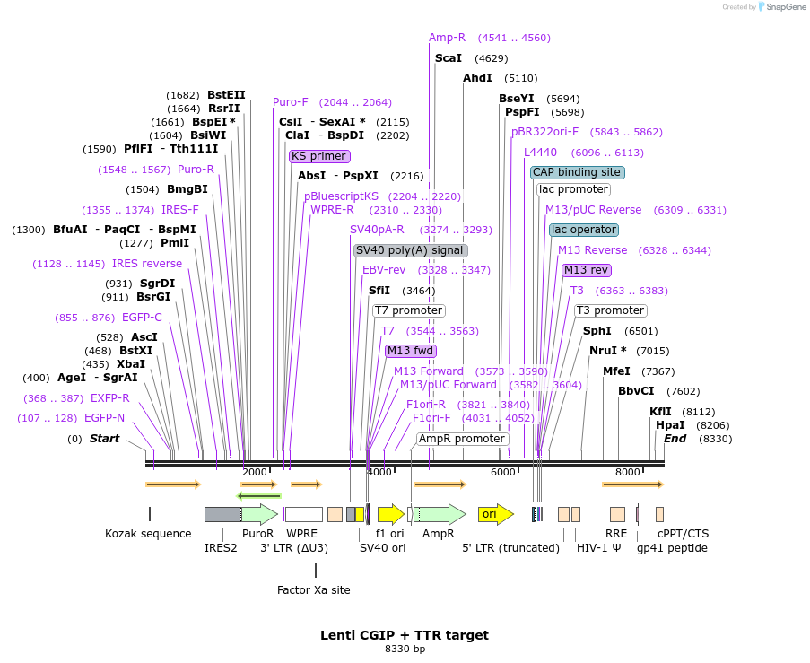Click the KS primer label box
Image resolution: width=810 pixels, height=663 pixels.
[319, 156]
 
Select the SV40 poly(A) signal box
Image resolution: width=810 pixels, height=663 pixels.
[410, 250]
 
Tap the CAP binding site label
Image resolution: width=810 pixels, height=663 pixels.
[577, 172]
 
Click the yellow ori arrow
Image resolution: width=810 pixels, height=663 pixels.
[494, 514]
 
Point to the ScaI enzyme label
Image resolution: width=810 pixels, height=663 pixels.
[448, 58]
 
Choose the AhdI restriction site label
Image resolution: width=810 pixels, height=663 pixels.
[477, 78]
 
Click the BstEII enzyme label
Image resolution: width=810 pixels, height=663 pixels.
[226, 95]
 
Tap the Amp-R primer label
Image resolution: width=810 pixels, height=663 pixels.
[447, 38]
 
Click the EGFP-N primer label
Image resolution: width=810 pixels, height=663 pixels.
[105, 418]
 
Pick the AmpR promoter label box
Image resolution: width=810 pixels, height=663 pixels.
[462, 439]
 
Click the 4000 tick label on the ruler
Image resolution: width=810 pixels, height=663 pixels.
[379, 472]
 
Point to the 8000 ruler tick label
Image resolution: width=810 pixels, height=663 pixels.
[627, 472]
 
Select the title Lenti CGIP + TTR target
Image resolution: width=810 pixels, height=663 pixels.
[405, 635]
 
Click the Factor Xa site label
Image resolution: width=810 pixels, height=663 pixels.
[313, 590]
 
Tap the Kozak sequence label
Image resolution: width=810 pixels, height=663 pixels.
[148, 534]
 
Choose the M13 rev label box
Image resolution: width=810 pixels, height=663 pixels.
[586, 270]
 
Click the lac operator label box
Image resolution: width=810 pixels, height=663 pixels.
[583, 230]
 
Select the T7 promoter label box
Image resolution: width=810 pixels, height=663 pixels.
[408, 310]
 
